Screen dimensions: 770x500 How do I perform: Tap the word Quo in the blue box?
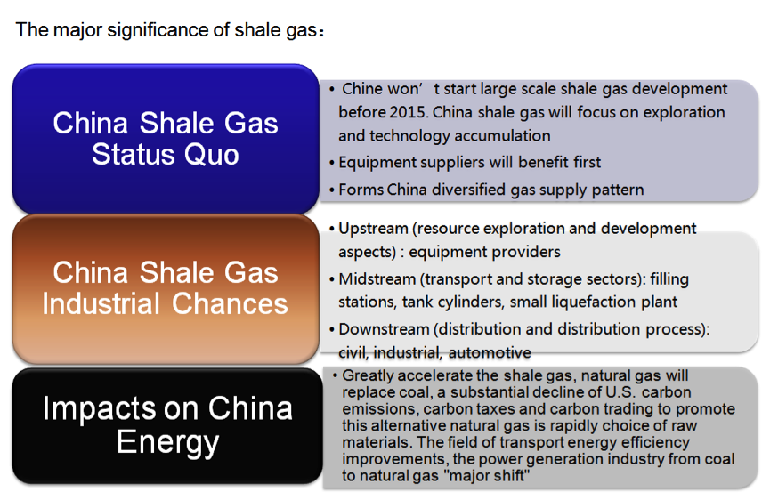pos(212,155)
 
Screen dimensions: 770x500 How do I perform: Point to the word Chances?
pos(230,303)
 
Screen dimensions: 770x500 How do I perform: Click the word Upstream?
pos(373,229)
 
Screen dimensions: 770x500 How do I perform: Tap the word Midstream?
pos(377,279)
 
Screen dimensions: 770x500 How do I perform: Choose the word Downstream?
pos(384,329)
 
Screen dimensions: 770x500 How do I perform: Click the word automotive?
pos(490,353)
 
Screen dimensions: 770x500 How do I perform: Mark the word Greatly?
pos(369,375)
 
